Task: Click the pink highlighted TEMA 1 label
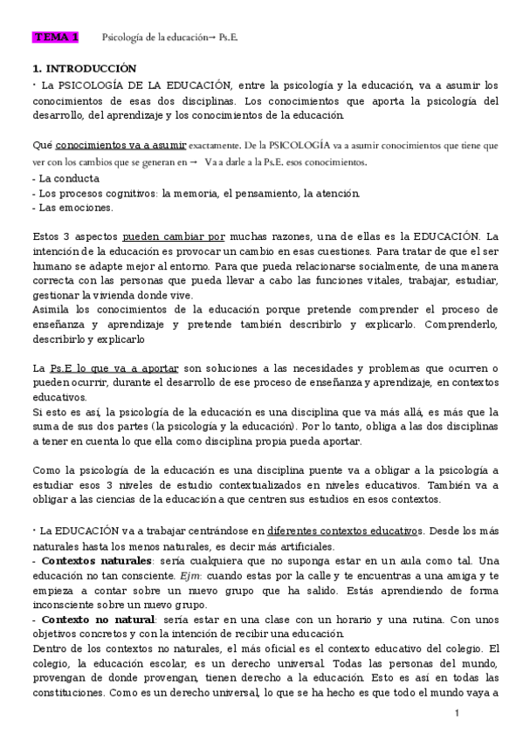click(56, 38)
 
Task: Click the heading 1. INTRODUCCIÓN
click(84, 68)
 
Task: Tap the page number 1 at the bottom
click(457, 715)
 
